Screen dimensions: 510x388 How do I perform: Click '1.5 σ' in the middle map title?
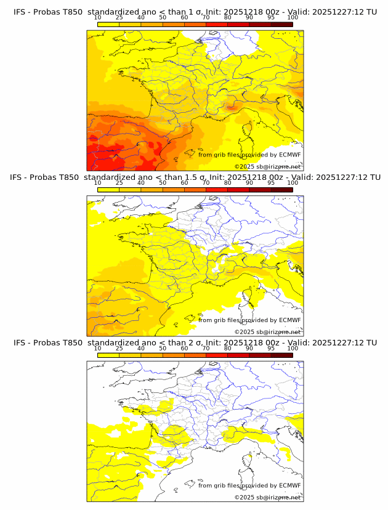196,177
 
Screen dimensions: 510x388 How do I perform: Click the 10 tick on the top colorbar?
98,18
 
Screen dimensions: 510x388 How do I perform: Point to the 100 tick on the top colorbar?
293,18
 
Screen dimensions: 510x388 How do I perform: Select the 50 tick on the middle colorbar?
163,183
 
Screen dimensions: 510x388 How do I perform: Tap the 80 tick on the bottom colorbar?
228,348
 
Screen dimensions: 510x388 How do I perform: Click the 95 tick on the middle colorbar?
271,183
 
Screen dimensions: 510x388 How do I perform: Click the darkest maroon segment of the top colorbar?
281,24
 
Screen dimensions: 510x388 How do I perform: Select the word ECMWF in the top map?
289,155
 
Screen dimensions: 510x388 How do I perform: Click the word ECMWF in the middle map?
289,320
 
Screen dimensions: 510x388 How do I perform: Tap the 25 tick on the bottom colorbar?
119,348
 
